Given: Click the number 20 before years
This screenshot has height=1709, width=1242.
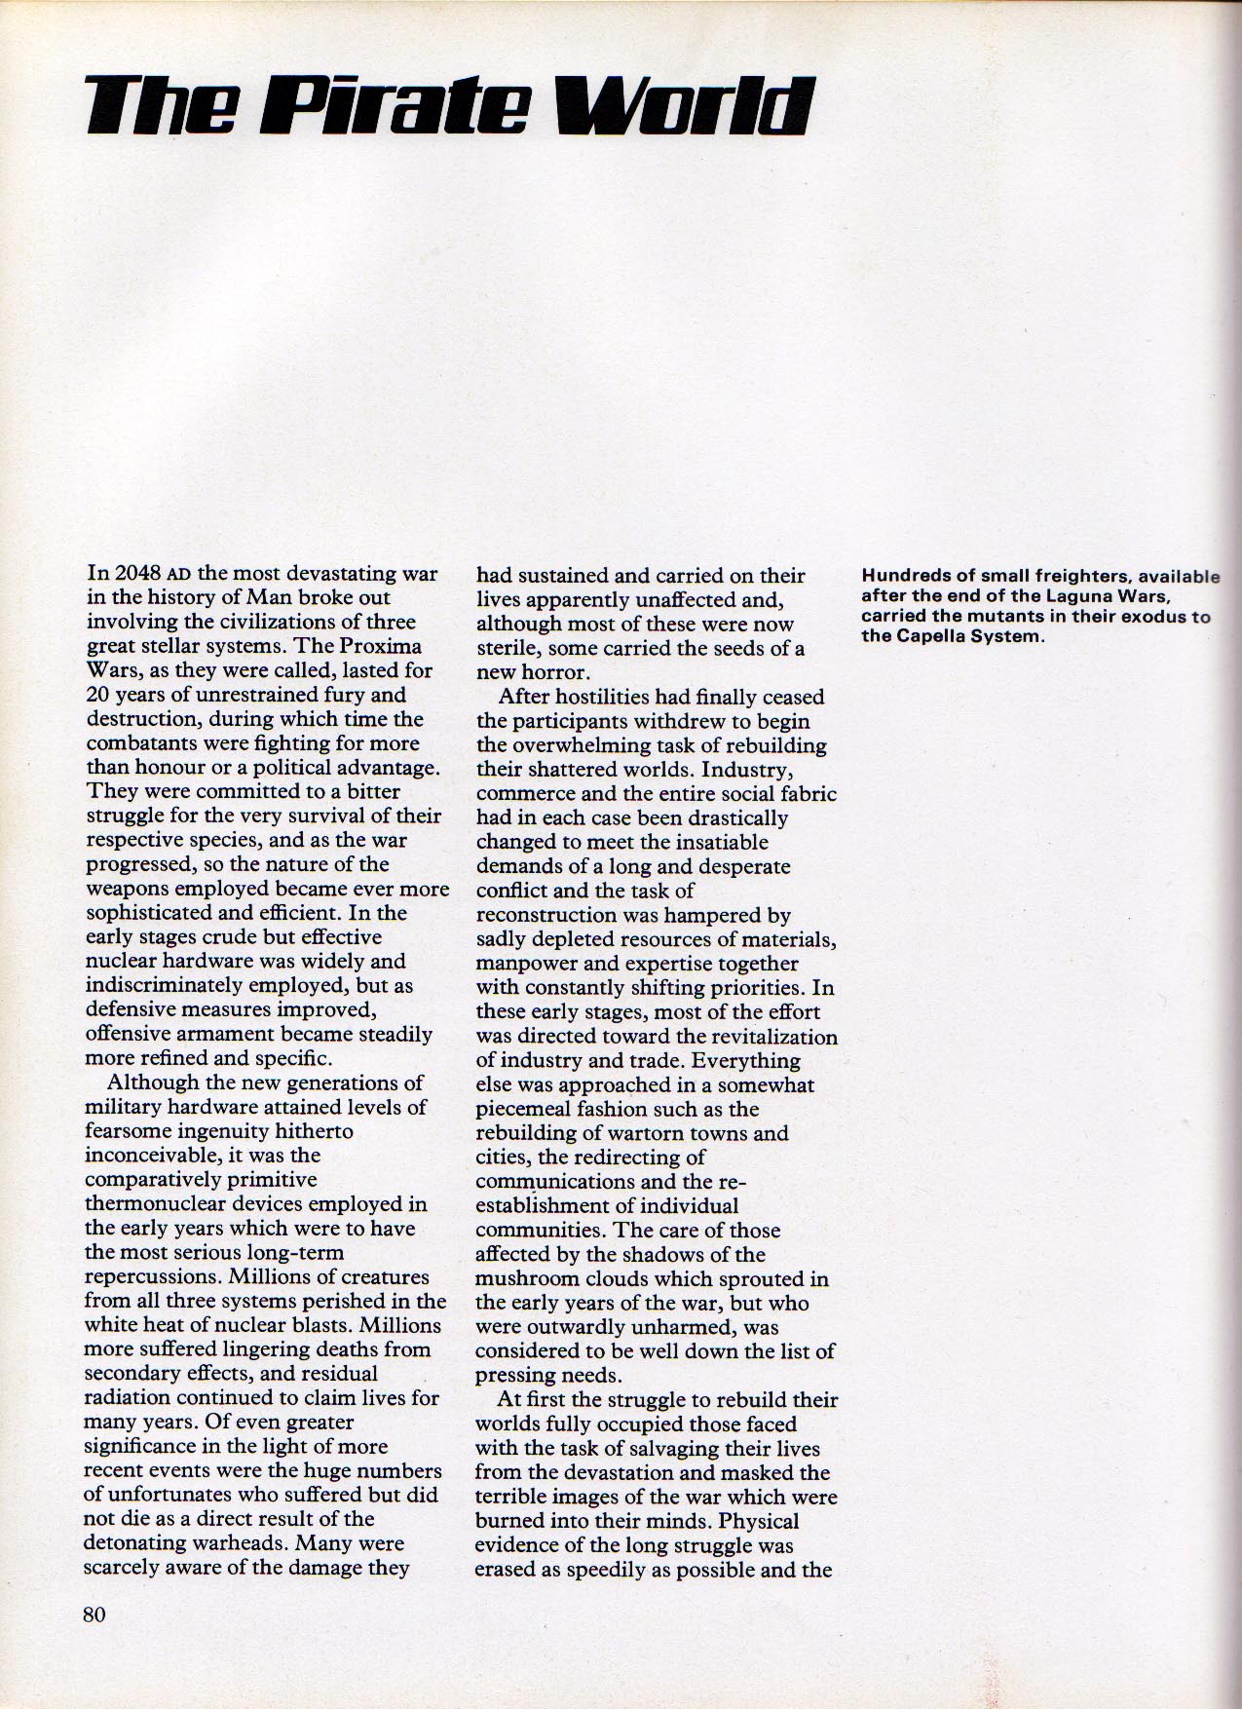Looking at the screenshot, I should pos(99,695).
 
